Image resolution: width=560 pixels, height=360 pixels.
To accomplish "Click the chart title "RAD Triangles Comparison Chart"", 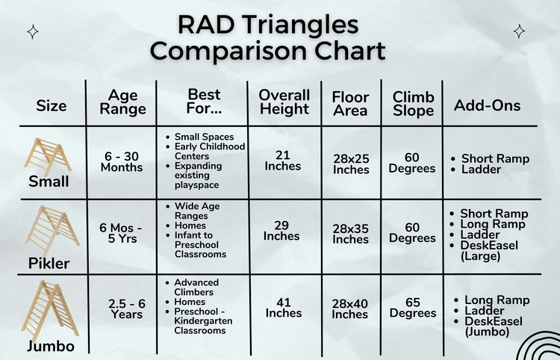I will pyautogui.click(x=281, y=38).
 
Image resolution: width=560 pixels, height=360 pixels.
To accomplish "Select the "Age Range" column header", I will pyautogui.click(x=122, y=102).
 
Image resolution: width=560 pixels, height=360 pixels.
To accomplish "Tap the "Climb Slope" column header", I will pyautogui.click(x=414, y=104).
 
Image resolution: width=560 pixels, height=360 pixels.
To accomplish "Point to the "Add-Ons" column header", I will pyautogui.click(x=487, y=106).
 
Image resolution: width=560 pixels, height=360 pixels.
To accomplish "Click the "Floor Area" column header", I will pyautogui.click(x=350, y=104).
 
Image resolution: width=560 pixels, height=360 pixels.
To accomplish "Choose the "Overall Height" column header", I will pyautogui.click(x=284, y=102).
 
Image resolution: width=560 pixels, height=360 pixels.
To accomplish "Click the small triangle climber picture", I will pyautogui.click(x=49, y=155).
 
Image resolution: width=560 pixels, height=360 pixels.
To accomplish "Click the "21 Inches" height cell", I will pyautogui.click(x=281, y=159).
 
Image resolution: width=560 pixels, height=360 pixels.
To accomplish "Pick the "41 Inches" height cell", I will pyautogui.click(x=284, y=307).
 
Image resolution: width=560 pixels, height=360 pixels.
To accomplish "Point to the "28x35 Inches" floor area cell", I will pyautogui.click(x=350, y=234).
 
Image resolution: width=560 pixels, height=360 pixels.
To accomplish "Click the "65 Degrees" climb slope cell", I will pyautogui.click(x=413, y=307).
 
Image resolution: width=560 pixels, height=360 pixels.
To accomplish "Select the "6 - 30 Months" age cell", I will pyautogui.click(x=122, y=161).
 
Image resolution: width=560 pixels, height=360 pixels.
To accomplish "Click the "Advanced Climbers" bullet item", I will pyautogui.click(x=196, y=287).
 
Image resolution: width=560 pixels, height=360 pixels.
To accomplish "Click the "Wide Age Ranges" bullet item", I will pyautogui.click(x=196, y=210).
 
